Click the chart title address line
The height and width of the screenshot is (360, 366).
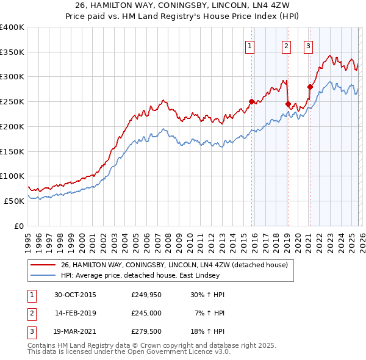[183, 5]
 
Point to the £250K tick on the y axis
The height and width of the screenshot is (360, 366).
[12, 102]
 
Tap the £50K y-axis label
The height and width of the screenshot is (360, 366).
[14, 201]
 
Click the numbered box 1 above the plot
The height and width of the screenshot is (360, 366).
[251, 45]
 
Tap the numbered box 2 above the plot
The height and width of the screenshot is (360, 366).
[286, 45]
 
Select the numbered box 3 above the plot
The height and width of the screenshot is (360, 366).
[309, 45]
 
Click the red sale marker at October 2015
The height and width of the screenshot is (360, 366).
[251, 102]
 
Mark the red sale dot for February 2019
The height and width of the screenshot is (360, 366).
[287, 104]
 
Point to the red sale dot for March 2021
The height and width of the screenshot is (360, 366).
[310, 87]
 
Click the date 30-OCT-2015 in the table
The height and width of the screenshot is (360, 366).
[75, 295]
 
